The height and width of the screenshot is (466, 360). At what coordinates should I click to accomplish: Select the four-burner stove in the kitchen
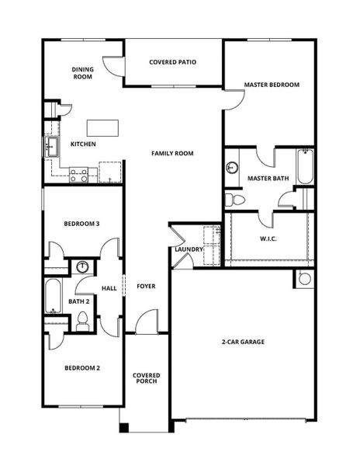pos(78,175)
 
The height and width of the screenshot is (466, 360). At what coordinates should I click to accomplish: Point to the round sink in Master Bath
pos(231,168)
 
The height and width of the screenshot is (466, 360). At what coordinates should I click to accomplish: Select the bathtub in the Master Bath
pos(305,167)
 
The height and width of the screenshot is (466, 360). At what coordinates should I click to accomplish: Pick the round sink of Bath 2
pos(83,267)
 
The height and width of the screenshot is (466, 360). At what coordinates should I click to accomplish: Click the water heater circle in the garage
pos(304,278)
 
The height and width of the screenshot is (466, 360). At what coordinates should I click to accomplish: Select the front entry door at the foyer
pos(147,322)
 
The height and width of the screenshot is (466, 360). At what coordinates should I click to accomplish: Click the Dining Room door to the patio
pos(114,66)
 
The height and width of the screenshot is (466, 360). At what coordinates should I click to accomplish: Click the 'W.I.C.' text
pos(268,239)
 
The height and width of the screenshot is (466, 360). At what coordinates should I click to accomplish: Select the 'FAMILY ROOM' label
pos(172,153)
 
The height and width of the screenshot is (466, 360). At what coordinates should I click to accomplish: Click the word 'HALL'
pos(109,288)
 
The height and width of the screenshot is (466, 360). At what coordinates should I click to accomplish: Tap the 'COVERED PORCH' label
pos(146,378)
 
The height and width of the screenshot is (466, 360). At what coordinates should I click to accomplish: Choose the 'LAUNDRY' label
pos(189,249)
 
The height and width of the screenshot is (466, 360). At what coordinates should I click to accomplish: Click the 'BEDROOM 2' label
pos(81,368)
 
